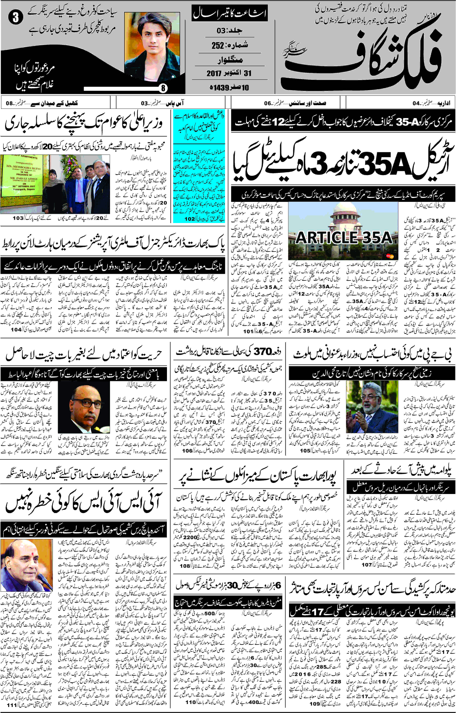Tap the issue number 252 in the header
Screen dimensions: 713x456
(x=218, y=45)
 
